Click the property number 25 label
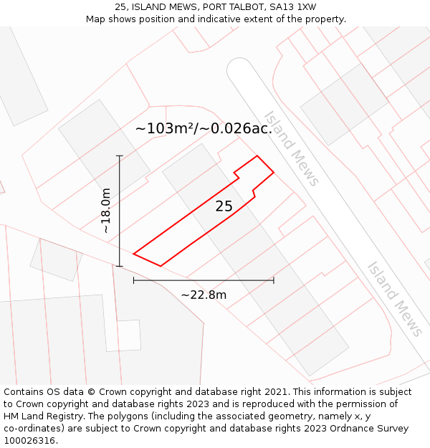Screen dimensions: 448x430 224,206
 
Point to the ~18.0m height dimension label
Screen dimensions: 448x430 106,211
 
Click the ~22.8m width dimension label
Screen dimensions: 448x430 204,295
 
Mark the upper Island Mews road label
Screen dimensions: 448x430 291,148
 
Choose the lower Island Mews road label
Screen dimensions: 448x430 394,298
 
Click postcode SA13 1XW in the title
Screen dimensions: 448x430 290,7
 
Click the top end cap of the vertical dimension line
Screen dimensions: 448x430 120,156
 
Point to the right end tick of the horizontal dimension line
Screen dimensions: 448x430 273,280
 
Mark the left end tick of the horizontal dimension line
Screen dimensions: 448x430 134,280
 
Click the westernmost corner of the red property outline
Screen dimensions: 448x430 134,253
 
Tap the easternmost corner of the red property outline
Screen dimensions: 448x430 274,172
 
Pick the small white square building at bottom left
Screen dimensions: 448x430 123,335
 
